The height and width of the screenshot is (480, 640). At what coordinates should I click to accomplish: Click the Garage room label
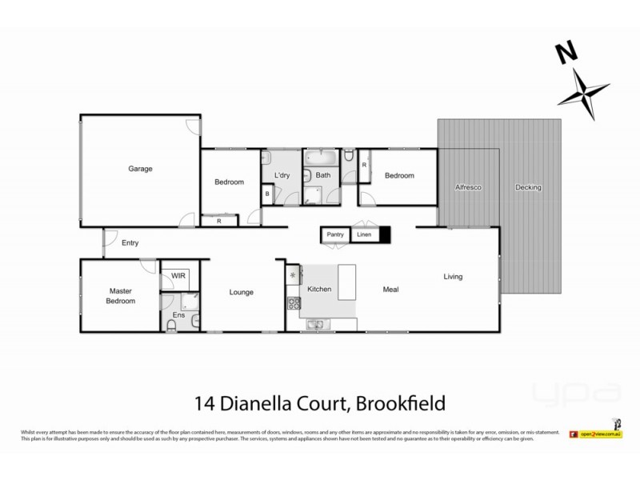pos(141,169)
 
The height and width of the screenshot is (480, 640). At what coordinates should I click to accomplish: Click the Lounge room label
pos(241,292)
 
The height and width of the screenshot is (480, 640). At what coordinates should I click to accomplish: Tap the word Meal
pos(390,290)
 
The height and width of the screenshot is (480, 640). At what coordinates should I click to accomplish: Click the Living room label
pos(454,277)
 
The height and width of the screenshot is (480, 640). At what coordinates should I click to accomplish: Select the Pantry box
pos(336,235)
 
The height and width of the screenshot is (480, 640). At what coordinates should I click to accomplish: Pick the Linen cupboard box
pos(364,235)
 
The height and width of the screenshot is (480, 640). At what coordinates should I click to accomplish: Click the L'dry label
pos(281,175)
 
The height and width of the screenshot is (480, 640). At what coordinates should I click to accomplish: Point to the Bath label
pos(323,175)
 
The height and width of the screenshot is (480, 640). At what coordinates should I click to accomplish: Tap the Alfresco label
pos(467,187)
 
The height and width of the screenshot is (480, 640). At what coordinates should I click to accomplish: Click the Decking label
pos(529,187)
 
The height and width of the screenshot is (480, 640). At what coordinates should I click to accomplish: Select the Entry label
pos(130,243)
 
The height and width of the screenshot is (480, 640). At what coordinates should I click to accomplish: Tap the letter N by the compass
pos(566,53)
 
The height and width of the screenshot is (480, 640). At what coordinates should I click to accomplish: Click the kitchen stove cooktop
pos(294,303)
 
